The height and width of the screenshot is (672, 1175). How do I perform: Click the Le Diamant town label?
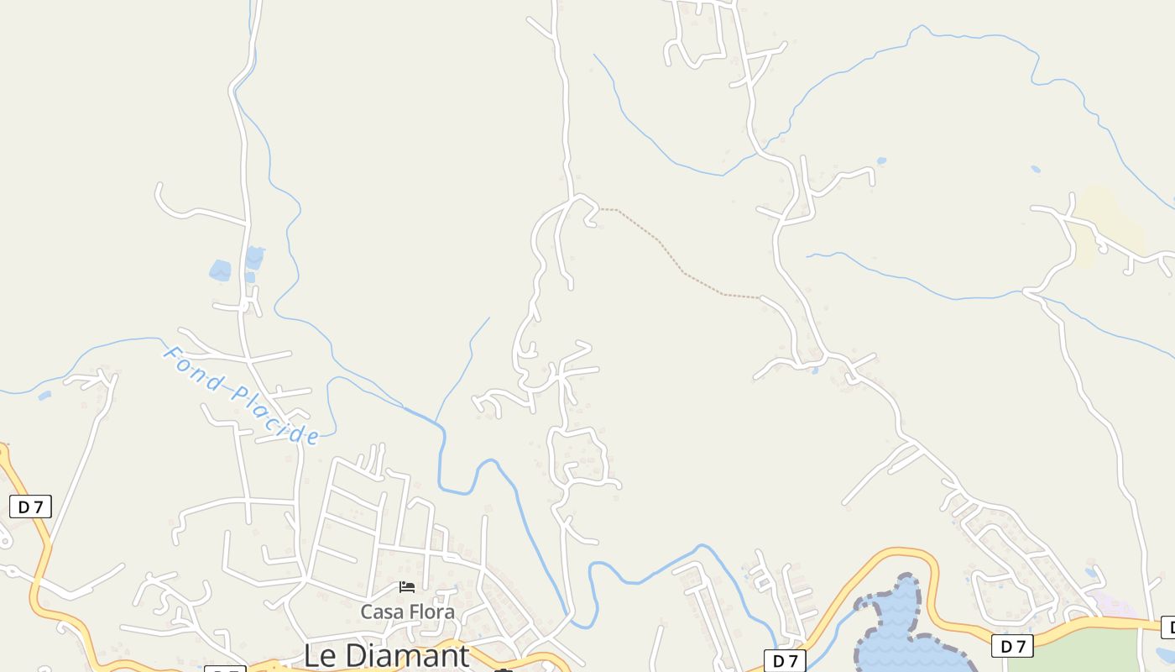386,655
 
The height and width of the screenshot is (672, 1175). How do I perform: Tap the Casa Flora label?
408,612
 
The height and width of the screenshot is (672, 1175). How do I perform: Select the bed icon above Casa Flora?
407,587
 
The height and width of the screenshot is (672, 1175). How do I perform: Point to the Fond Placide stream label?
242,395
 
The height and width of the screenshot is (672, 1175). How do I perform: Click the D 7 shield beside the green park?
1013,646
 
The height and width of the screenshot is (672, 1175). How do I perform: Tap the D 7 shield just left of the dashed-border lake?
785,661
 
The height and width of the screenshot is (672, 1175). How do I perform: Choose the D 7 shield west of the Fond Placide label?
30,507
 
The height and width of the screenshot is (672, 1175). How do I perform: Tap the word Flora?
432,612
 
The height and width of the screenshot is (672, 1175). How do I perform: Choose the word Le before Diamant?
320,655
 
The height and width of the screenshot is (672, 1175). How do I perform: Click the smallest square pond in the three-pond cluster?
249,277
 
